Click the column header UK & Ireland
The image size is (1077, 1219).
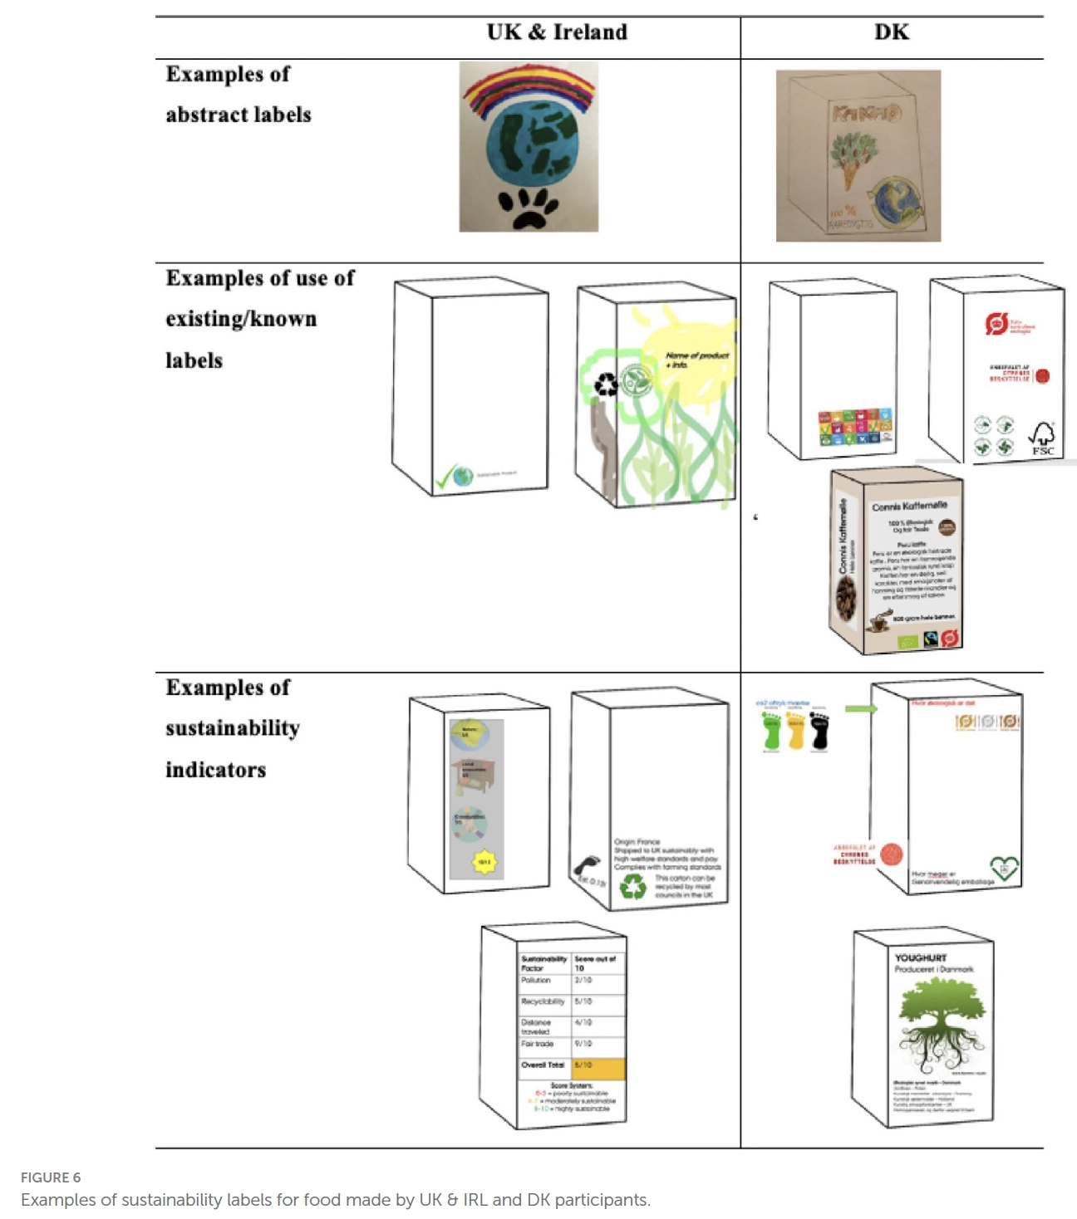pos(557,32)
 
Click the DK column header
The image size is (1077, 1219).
pos(891,32)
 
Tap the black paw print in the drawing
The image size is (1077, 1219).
pos(528,208)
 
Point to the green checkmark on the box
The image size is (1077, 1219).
pos(446,477)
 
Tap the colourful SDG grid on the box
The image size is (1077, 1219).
pos(855,426)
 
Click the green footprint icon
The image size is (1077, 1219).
pos(772,731)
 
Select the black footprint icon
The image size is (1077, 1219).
pos(819,731)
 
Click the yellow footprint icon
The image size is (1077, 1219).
pos(796,731)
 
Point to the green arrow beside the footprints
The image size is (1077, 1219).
pos(861,708)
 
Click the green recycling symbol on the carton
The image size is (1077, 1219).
pos(633,886)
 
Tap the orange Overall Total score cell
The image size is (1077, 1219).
pos(598,1066)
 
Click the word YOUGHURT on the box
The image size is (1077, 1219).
pos(920,957)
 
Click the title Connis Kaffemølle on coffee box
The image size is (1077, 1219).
pos(909,506)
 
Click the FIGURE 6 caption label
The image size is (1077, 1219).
pos(51,1177)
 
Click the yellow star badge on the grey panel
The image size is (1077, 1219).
pos(484,862)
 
